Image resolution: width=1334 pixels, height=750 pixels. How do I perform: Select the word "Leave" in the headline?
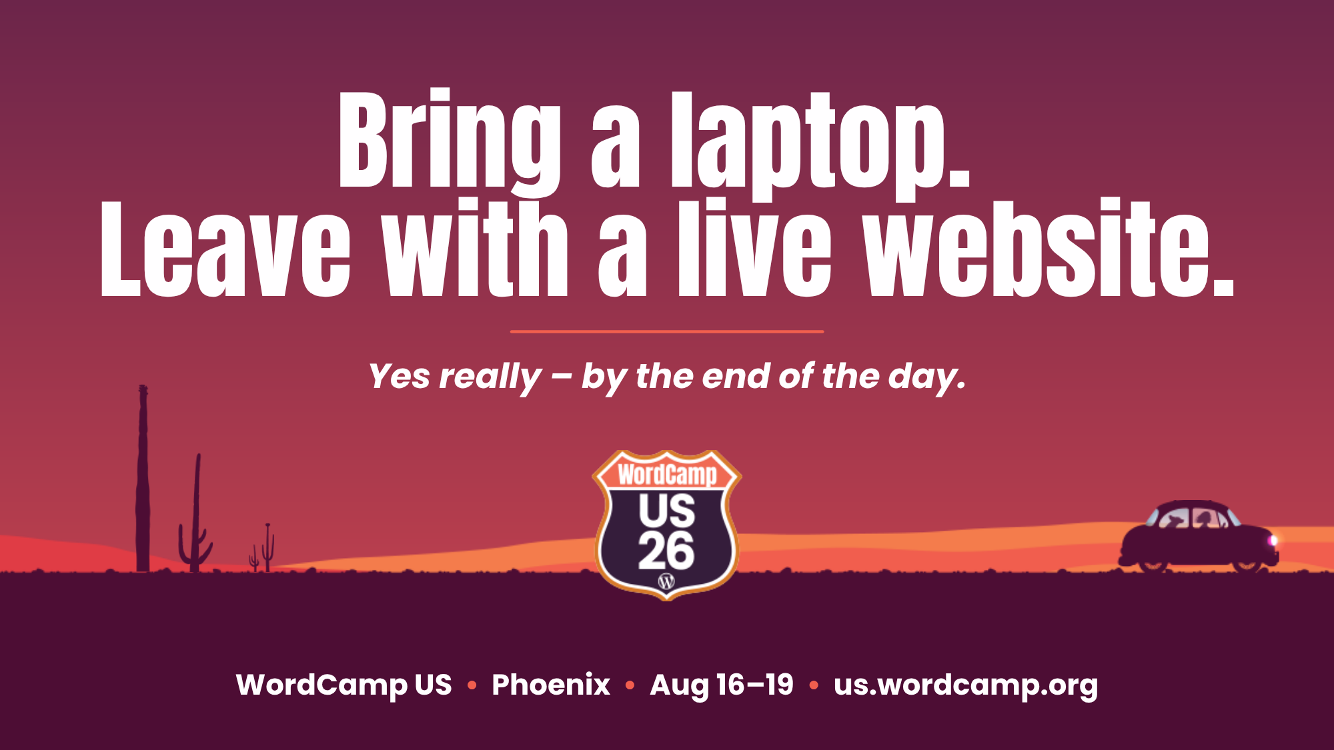(225, 248)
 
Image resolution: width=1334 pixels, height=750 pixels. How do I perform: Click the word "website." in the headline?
(1048, 248)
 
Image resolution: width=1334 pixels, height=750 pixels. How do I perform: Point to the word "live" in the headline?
(754, 248)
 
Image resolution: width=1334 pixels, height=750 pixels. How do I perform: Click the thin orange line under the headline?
(667, 331)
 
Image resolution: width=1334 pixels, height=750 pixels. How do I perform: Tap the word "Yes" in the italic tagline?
(400, 376)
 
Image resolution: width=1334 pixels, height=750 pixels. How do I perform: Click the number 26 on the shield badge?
(666, 551)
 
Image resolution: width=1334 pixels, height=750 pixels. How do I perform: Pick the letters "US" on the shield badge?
(667, 511)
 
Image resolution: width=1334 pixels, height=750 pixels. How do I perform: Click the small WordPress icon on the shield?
(666, 581)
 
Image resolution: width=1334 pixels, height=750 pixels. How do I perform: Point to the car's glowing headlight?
(1273, 541)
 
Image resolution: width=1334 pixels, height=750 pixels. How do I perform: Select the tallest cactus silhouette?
(142, 478)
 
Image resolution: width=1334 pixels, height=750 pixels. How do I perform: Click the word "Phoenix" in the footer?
(551, 685)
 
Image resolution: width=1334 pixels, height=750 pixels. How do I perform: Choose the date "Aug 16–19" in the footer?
(722, 685)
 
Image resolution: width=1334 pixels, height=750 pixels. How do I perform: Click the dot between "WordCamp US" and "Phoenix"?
(472, 685)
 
